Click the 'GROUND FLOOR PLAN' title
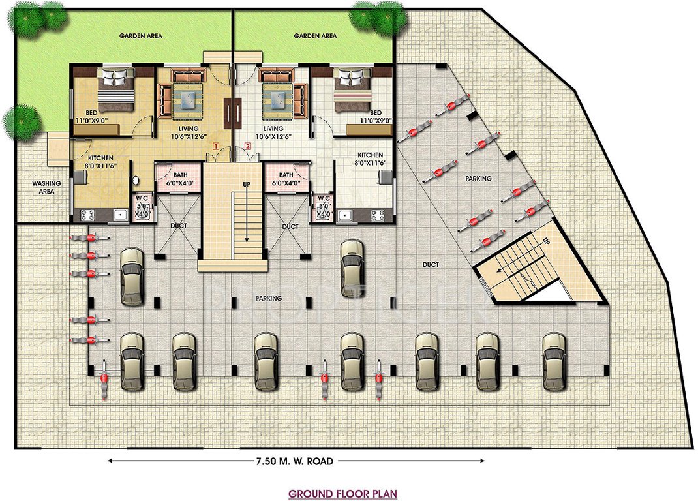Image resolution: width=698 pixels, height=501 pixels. pos(342,494)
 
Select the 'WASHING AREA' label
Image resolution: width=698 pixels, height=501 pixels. pos(46,188)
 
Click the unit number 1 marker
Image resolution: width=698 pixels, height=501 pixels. pos(213,146)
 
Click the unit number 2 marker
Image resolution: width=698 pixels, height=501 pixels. pos(247,146)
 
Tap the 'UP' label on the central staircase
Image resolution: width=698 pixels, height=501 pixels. pos(247,185)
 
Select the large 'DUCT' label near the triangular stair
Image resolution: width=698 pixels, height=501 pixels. pos(430,264)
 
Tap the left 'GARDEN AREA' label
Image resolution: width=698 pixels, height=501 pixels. pos(141,36)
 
